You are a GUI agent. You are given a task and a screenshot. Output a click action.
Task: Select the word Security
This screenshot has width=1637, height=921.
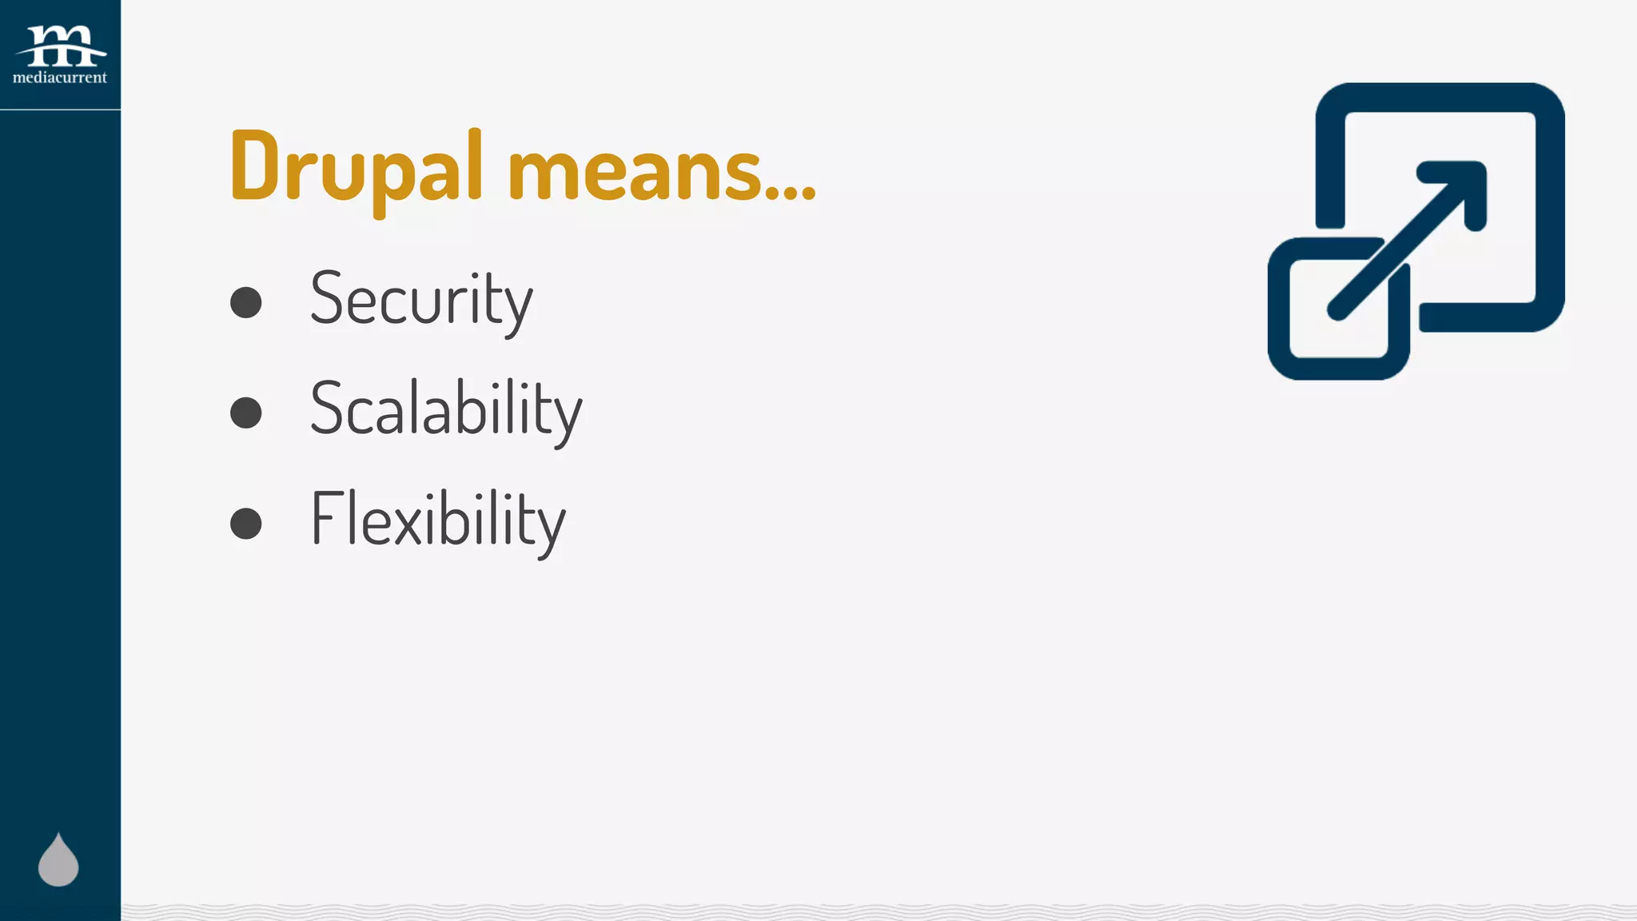421,300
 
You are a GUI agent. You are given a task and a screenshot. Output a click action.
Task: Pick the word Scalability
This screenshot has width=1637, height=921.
446,410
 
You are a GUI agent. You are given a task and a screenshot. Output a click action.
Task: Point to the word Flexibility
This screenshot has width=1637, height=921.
438,520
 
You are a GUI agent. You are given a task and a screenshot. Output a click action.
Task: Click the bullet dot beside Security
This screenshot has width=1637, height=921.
246,302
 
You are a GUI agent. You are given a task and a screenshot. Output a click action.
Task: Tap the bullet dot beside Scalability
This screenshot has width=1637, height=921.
246,413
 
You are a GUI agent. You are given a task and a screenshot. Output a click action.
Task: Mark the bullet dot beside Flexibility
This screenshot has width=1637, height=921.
246,524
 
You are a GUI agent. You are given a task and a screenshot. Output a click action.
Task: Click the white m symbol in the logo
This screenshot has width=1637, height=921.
61,45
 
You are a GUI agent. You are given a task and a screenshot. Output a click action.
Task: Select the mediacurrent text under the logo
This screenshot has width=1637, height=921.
60,78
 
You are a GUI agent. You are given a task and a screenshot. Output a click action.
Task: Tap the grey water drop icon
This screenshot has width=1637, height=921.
58,861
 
